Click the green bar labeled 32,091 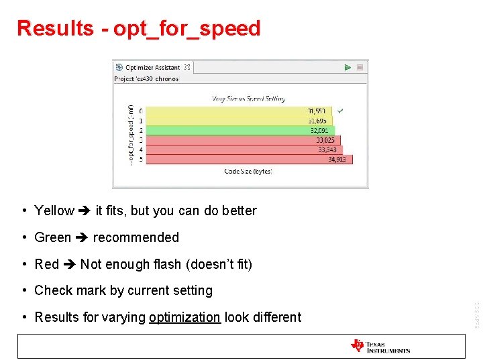(x=239, y=131)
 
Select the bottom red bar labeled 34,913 (x=248, y=160)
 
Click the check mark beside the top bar (x=341, y=110)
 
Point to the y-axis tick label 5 (x=141, y=160)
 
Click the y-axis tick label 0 (x=141, y=111)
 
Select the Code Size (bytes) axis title (x=248, y=172)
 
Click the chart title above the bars (x=248, y=98)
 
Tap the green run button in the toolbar (x=347, y=68)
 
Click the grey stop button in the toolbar (x=360, y=68)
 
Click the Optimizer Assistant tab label (x=153, y=68)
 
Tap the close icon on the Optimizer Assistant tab (x=187, y=68)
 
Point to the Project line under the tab (x=146, y=79)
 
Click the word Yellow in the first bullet (x=54, y=210)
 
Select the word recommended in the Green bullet (x=136, y=237)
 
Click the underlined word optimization (x=184, y=317)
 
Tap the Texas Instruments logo (x=380, y=346)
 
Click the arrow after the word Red (x=69, y=264)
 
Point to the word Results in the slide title (x=55, y=28)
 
